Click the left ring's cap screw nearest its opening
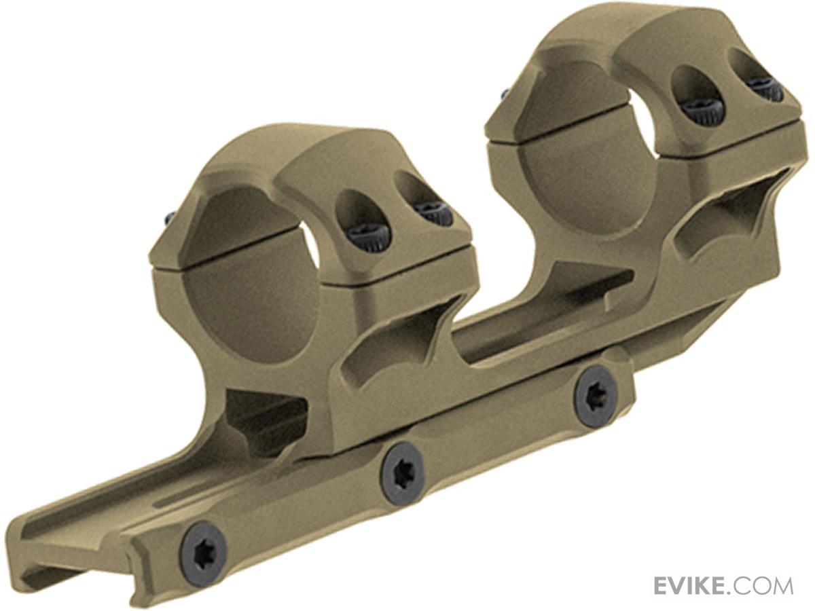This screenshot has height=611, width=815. (368, 234)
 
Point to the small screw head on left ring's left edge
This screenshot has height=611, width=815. (169, 218)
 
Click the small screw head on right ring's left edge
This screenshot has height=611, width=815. (505, 93)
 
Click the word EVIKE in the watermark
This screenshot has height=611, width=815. (693, 585)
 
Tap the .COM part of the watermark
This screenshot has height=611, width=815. (763, 585)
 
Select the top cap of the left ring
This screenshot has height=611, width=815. (285, 163)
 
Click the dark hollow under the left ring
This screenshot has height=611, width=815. (265, 414)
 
